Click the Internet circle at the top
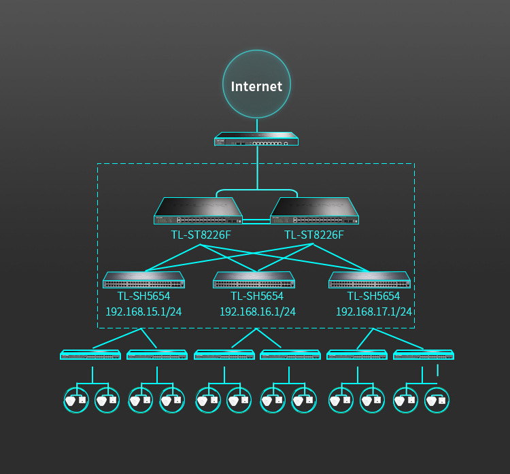256,84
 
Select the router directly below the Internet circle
256,139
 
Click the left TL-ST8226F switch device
198,211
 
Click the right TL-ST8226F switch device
315,211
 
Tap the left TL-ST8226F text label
201,235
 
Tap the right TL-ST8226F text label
314,235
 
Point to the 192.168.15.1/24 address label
143,311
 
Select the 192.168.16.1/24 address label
258,311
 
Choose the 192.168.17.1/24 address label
374,311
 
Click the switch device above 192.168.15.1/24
143,280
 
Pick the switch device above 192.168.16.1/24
254,280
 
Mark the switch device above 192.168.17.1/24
369,280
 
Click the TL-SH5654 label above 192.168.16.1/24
257,296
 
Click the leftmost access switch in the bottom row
90,354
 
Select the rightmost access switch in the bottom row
424,354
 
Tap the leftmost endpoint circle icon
76,400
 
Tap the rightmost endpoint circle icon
437,400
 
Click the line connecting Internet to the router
257,125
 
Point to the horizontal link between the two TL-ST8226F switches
256,222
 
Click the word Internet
256,86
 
